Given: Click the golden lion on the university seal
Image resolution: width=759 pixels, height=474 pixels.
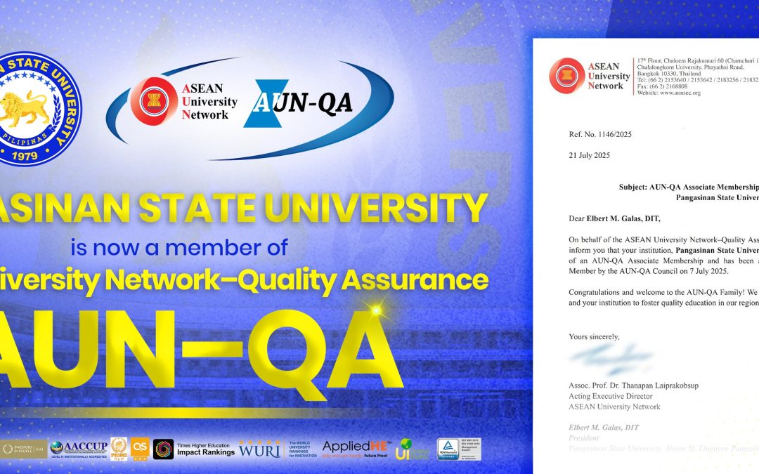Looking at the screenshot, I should [x=30, y=106].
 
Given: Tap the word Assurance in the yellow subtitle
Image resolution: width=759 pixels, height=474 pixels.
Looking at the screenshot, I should [x=432, y=279].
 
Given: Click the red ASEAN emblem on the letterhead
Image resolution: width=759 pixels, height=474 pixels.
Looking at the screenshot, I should [x=567, y=75].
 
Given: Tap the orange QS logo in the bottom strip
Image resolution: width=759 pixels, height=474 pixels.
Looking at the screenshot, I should [x=139, y=448].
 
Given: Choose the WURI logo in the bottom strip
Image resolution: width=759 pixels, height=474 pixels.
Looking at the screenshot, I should [x=260, y=448].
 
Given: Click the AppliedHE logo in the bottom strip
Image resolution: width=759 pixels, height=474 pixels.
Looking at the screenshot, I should [x=352, y=447].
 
